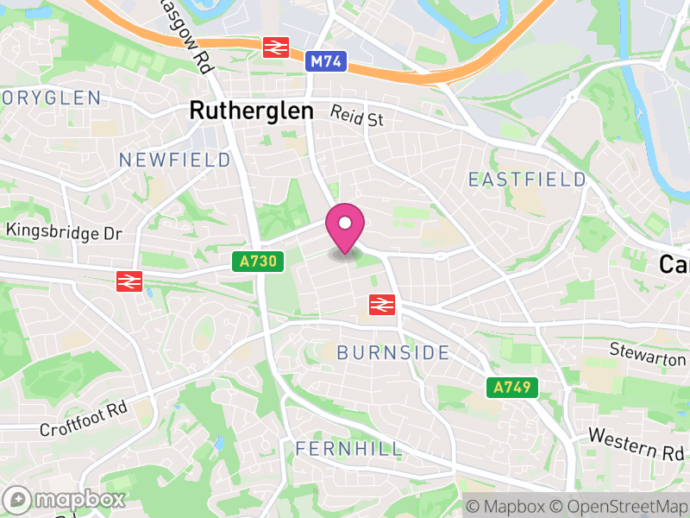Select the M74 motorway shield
tap(325, 60)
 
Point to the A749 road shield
tap(511, 388)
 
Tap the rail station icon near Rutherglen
tap(275, 47)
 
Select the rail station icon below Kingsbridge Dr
tap(129, 281)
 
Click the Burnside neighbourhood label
tap(393, 352)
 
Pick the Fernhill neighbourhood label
tap(348, 449)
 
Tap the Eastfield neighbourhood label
tap(527, 180)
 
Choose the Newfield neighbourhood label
tap(175, 161)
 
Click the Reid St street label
tap(357, 117)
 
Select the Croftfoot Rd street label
tap(84, 418)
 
